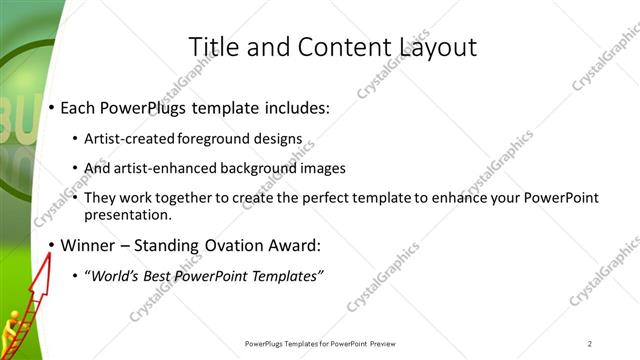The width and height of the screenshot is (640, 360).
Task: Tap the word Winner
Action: [x=91, y=245]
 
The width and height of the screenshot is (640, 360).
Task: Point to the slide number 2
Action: [x=590, y=344]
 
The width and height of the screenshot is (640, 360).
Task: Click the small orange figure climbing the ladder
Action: [x=12, y=325]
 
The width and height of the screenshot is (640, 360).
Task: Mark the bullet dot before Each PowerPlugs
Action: [x=52, y=108]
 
